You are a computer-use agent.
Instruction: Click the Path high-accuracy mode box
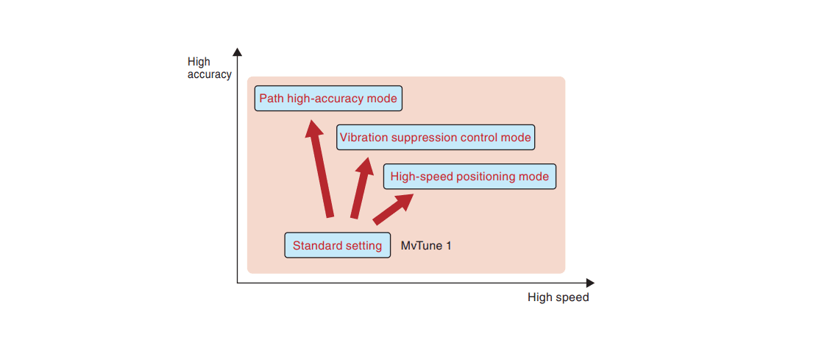tap(328, 99)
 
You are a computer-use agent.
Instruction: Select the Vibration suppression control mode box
tap(435, 138)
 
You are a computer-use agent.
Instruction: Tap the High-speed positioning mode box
tap(469, 177)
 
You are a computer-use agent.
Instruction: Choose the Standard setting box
tap(337, 245)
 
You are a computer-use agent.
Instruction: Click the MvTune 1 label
tap(425, 245)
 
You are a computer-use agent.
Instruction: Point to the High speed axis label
tap(558, 297)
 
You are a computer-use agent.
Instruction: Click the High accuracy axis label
tap(209, 68)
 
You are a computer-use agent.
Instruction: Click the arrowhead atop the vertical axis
tap(237, 52)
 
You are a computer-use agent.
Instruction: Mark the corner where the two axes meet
tap(237, 283)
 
